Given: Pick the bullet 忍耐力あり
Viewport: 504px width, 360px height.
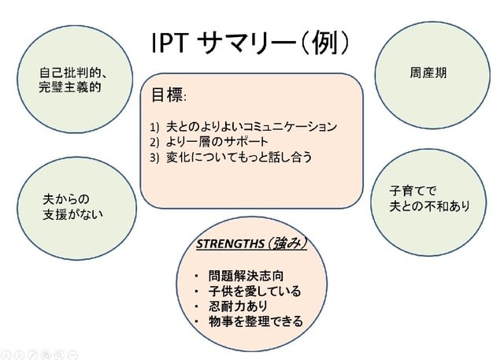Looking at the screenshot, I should (239, 306).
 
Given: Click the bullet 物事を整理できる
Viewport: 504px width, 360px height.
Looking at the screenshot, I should (255, 321).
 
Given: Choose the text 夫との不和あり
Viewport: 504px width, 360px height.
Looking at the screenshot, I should (429, 206).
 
